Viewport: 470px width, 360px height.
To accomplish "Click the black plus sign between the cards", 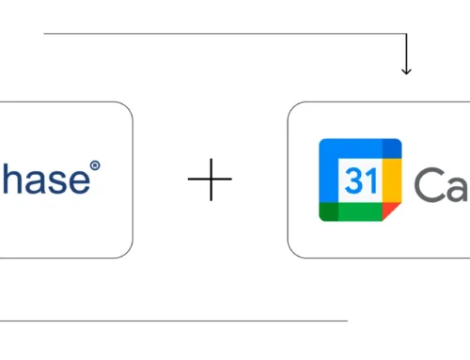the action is point(210,180).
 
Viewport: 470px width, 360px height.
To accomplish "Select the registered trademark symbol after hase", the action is point(93,167).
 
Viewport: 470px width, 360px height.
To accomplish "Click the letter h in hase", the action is point(8,180).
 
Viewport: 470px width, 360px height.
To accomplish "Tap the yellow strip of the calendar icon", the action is point(394,180).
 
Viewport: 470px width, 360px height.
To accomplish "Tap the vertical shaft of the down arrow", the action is point(406,52).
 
